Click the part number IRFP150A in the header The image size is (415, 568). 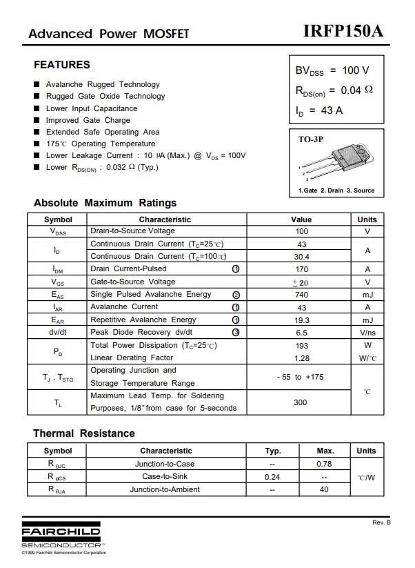pos(343,32)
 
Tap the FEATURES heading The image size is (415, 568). pos(62,65)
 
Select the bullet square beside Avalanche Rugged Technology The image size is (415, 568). pos(37,84)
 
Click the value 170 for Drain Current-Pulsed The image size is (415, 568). pos(301,269)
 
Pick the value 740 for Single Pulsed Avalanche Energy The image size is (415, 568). pos(301,295)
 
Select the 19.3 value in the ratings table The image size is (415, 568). pos(301,320)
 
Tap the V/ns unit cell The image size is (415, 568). pos(367,333)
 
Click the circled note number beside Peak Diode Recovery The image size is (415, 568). pos(236,333)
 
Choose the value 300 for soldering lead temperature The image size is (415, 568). pos(301,402)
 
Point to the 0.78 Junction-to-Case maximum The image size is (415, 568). pos(324,464)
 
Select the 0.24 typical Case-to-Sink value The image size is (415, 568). pos(272,477)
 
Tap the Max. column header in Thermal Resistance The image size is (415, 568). pos(325,451)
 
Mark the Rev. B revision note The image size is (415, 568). pos(381,522)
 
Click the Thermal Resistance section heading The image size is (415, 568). pos(84,433)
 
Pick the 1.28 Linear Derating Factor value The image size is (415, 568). pos(301,358)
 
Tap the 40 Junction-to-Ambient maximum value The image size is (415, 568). pos(324,490)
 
